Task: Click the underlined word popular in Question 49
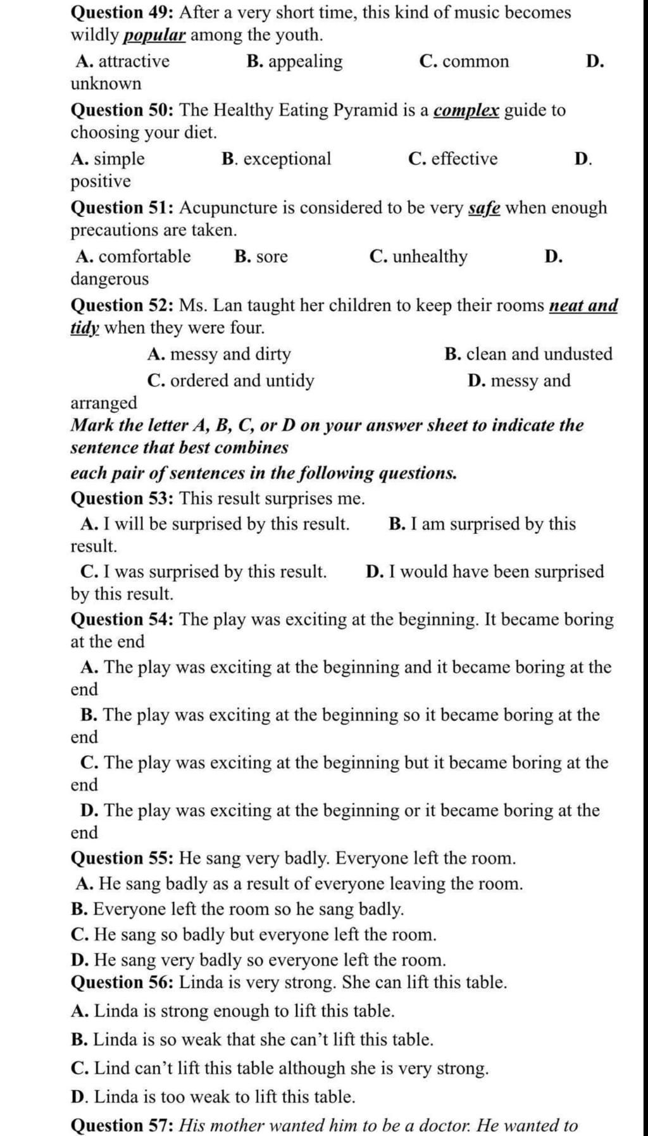pyautogui.click(x=154, y=35)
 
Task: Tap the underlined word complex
pyautogui.click(x=466, y=110)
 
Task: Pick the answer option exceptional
pyautogui.click(x=287, y=159)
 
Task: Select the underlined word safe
pyautogui.click(x=484, y=207)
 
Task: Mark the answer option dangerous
pyautogui.click(x=109, y=279)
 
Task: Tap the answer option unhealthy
pyautogui.click(x=430, y=256)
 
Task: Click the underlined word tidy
pyautogui.click(x=85, y=328)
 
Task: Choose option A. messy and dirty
pyautogui.click(x=219, y=354)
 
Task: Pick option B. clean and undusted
pyautogui.click(x=528, y=354)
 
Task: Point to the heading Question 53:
pyautogui.click(x=122, y=498)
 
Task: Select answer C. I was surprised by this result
pyautogui.click(x=204, y=572)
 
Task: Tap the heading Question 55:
pyautogui.click(x=122, y=858)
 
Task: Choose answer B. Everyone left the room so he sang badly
pyautogui.click(x=237, y=910)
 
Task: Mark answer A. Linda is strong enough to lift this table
pyautogui.click(x=232, y=1011)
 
